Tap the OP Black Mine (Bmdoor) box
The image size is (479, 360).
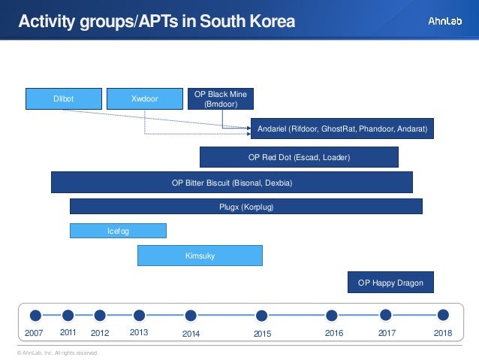[x=220, y=98]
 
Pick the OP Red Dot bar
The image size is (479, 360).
[x=299, y=157]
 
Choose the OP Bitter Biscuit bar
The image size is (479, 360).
[x=231, y=183]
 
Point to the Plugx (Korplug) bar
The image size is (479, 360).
[x=246, y=207]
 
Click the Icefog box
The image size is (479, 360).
[x=118, y=231]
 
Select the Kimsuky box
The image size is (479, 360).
[x=200, y=256]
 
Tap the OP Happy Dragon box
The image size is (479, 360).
[x=390, y=283]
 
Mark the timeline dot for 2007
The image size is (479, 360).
[x=35, y=315]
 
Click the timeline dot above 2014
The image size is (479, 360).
[x=191, y=316]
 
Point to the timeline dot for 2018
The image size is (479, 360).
[x=443, y=315]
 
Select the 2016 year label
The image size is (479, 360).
[x=333, y=332]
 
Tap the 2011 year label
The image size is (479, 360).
[x=68, y=332]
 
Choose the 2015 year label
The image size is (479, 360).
[x=262, y=333]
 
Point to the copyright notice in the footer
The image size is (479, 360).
[x=53, y=352]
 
